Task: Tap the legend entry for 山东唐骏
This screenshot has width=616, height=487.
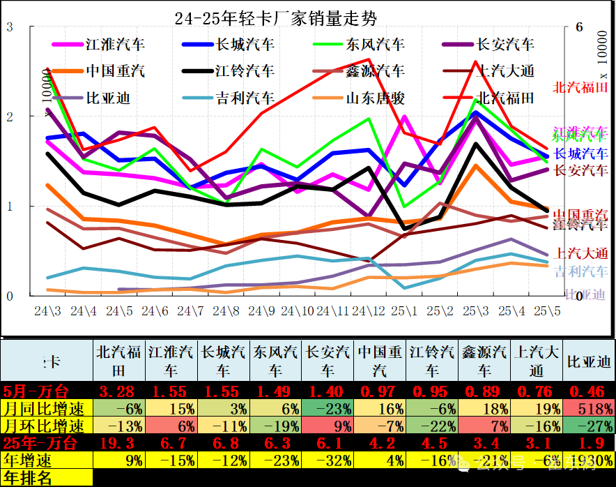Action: pyautogui.click(x=376, y=98)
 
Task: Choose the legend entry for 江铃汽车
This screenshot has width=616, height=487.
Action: pyautogui.click(x=245, y=71)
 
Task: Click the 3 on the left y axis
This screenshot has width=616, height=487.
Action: pyautogui.click(x=9, y=28)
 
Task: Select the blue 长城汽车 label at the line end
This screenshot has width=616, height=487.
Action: pyautogui.click(x=580, y=153)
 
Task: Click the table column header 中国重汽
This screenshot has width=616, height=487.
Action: pyautogui.click(x=380, y=361)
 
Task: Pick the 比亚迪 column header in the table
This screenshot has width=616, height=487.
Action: pyautogui.click(x=589, y=361)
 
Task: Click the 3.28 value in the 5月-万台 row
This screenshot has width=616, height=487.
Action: pyautogui.click(x=118, y=391)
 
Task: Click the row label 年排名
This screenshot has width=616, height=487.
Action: pyautogui.click(x=27, y=478)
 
